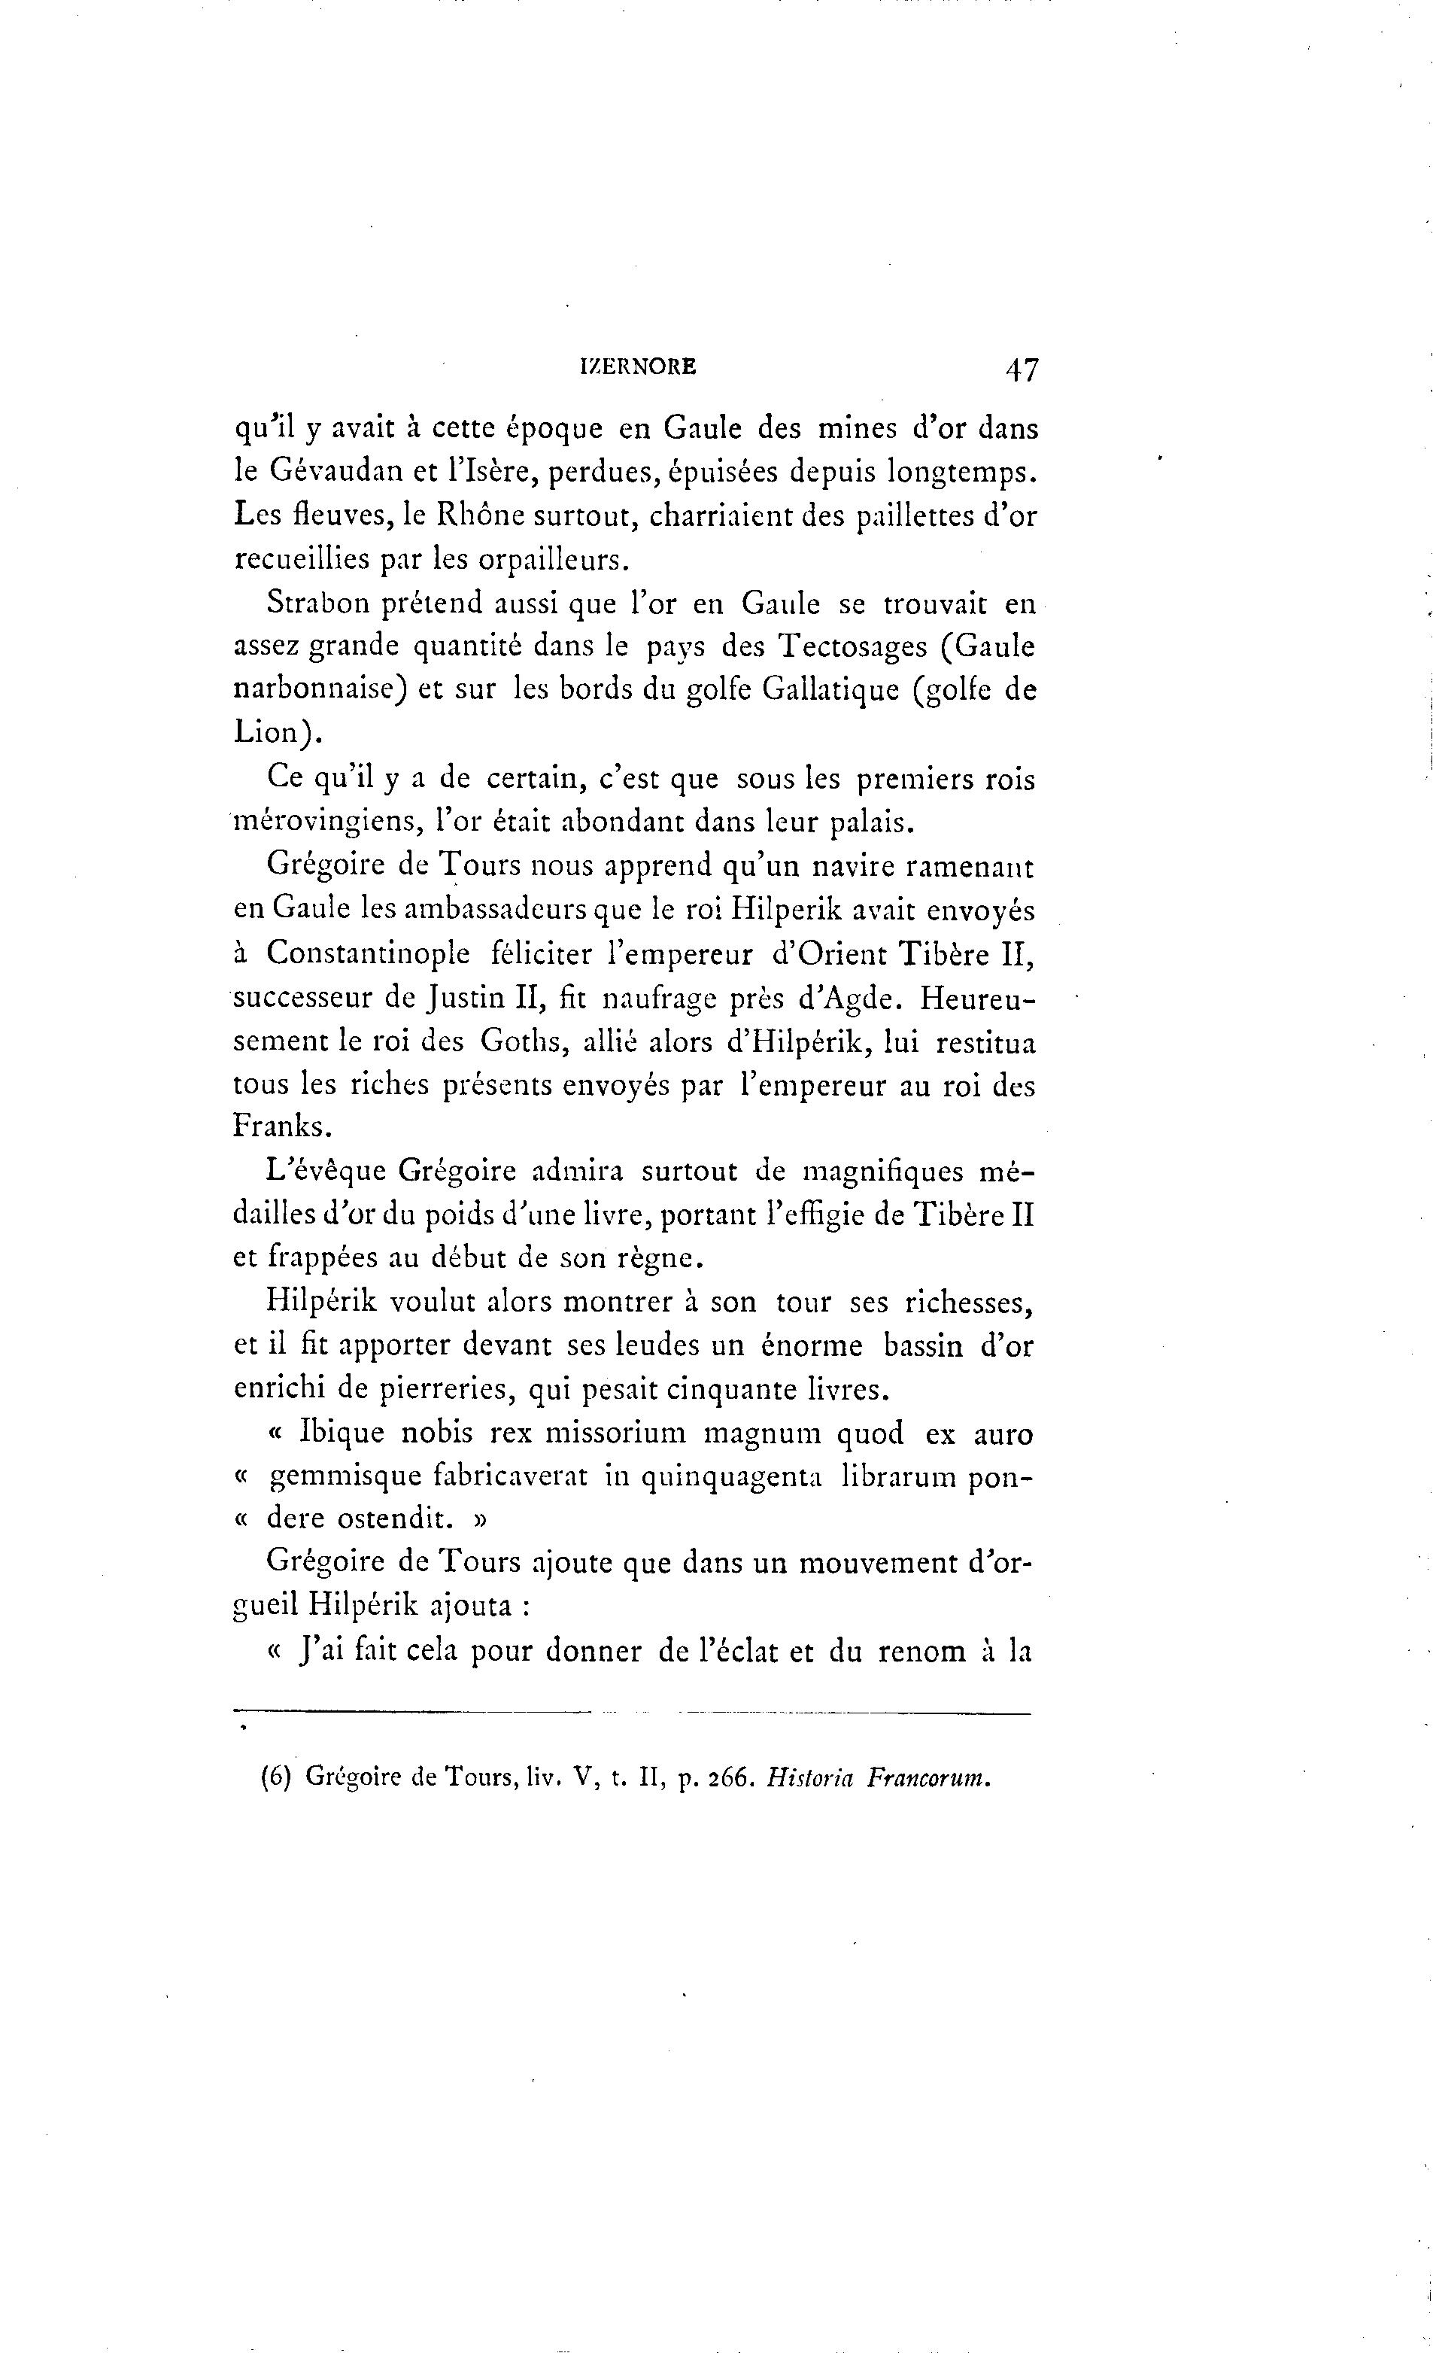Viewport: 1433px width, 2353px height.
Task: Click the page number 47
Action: [x=1021, y=369]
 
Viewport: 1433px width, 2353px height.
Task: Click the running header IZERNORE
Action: [x=638, y=366]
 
